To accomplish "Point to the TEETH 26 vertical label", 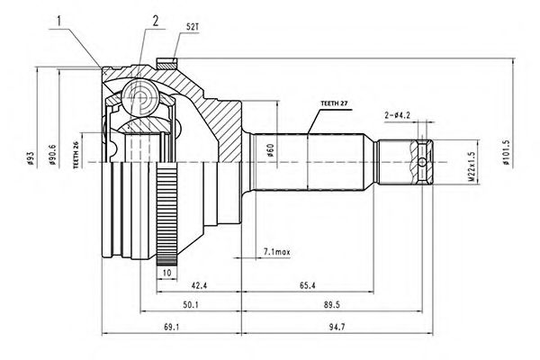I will coord(77,158).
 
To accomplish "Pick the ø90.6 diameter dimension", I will coord(53,159).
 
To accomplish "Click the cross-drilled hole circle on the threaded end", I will coord(423,163).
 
